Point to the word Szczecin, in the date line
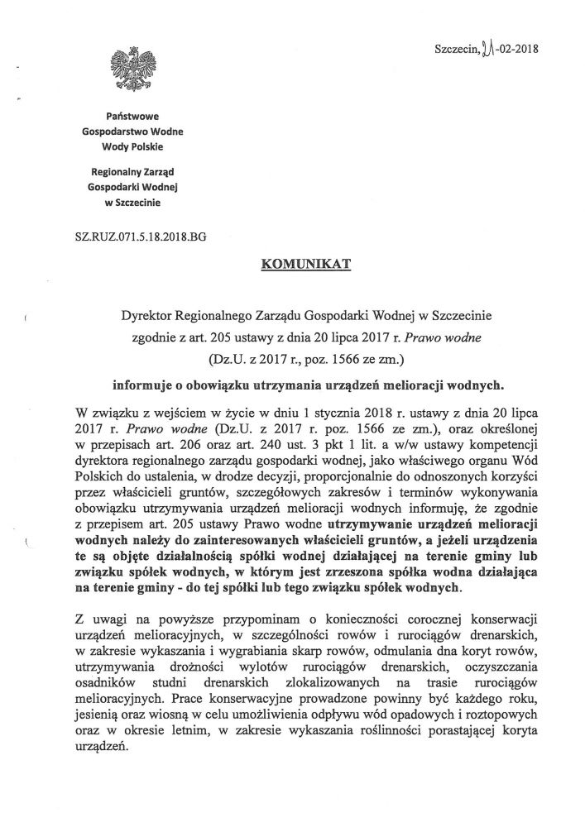456,49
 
